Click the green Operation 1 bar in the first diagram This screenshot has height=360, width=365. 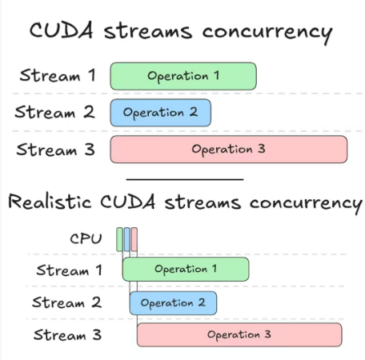click(x=183, y=76)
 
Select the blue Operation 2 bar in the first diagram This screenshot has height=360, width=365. click(x=161, y=113)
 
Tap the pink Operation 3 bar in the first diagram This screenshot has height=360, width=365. click(x=229, y=149)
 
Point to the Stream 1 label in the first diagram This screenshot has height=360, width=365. click(x=58, y=75)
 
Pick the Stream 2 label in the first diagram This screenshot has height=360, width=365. click(x=54, y=112)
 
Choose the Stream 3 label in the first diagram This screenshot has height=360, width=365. click(x=55, y=150)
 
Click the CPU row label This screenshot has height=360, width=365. click(x=86, y=238)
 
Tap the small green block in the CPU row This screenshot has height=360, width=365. click(x=119, y=239)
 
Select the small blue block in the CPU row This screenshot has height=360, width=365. click(x=127, y=239)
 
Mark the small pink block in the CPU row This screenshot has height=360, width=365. click(x=134, y=239)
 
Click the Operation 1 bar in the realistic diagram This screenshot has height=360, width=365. click(x=186, y=269)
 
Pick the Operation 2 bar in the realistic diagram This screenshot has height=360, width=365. click(x=173, y=303)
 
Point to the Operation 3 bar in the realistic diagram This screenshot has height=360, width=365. click(x=239, y=334)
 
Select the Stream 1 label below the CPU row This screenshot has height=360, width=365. click(x=69, y=270)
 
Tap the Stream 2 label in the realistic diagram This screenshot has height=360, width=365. click(x=66, y=302)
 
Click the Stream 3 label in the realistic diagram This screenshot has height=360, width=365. click(x=67, y=334)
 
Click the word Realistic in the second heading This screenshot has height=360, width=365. click(x=50, y=202)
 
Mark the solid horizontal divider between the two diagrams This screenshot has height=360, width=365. click(x=185, y=179)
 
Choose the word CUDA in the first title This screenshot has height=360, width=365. click(x=62, y=30)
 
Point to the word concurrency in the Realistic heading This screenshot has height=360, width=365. click(x=306, y=204)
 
